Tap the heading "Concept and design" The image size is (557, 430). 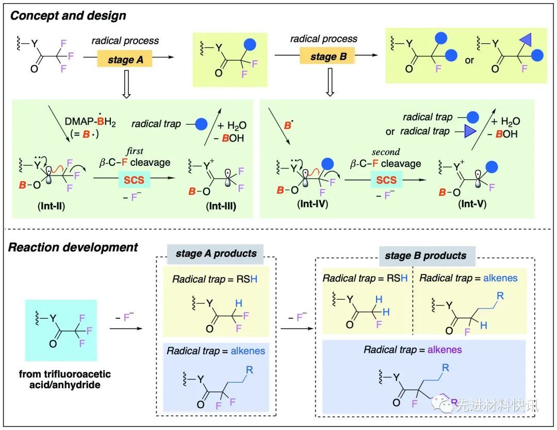68,15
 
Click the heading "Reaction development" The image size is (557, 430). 73,247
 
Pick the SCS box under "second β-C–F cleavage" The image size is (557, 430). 386,180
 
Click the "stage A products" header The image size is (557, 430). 216,253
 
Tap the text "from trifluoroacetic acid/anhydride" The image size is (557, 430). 62,380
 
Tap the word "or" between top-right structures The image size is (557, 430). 469,60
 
